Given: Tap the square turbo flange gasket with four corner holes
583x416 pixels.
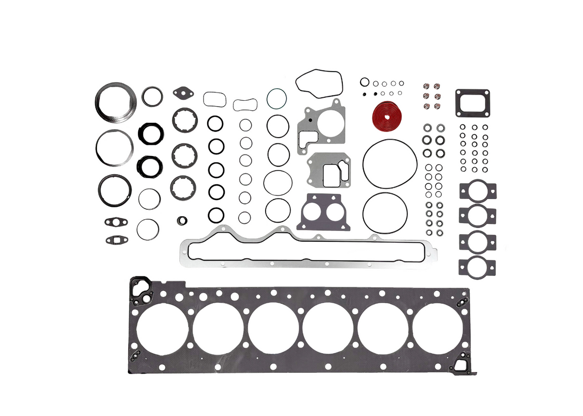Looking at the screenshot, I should click(472, 103).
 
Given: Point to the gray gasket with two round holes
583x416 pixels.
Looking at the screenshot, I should click(319, 212).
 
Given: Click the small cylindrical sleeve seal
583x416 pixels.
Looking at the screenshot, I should click(182, 221).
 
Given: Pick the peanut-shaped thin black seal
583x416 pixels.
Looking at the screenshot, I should click(245, 105).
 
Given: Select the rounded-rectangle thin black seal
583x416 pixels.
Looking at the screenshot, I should click(215, 99).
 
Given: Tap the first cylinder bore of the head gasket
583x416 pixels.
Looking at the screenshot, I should click(162, 329).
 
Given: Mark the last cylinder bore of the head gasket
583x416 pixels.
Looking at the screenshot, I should click(437, 329).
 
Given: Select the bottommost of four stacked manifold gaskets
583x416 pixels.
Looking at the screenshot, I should click(477, 266).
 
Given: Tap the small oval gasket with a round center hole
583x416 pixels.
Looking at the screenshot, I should click(116, 222).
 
